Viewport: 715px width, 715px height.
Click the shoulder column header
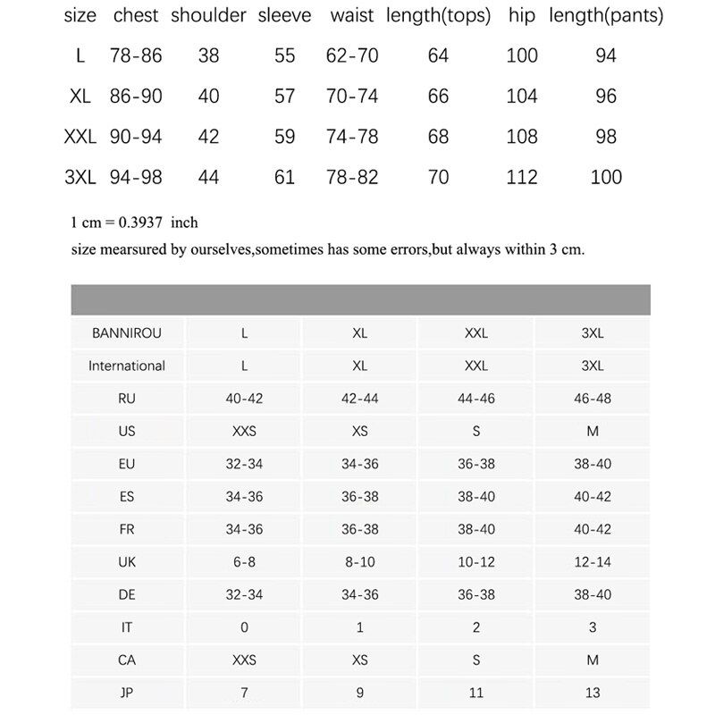click(x=208, y=16)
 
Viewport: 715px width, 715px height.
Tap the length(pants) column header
click(x=606, y=16)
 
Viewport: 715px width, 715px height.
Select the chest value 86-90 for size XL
click(x=137, y=97)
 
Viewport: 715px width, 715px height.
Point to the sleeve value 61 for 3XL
click(x=285, y=177)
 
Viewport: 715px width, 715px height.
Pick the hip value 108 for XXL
click(x=522, y=137)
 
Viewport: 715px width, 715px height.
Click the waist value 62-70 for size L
click(x=352, y=56)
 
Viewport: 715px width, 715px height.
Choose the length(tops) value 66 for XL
click(x=438, y=97)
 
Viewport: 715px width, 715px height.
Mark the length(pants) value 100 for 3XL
click(x=606, y=177)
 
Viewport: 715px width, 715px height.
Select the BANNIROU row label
click(x=127, y=333)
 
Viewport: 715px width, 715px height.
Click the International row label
click(x=127, y=366)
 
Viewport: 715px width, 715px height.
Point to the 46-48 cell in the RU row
click(x=593, y=399)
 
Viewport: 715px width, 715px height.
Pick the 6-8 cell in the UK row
click(x=244, y=562)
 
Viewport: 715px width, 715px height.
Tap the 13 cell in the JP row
click(x=593, y=693)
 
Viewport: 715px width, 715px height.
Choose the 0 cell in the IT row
click(x=244, y=627)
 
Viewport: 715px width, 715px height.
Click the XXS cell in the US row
click(x=244, y=431)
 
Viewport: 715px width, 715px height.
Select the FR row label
click(x=127, y=529)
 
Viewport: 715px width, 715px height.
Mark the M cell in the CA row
click(x=593, y=660)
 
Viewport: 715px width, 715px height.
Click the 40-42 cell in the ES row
click(x=593, y=496)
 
